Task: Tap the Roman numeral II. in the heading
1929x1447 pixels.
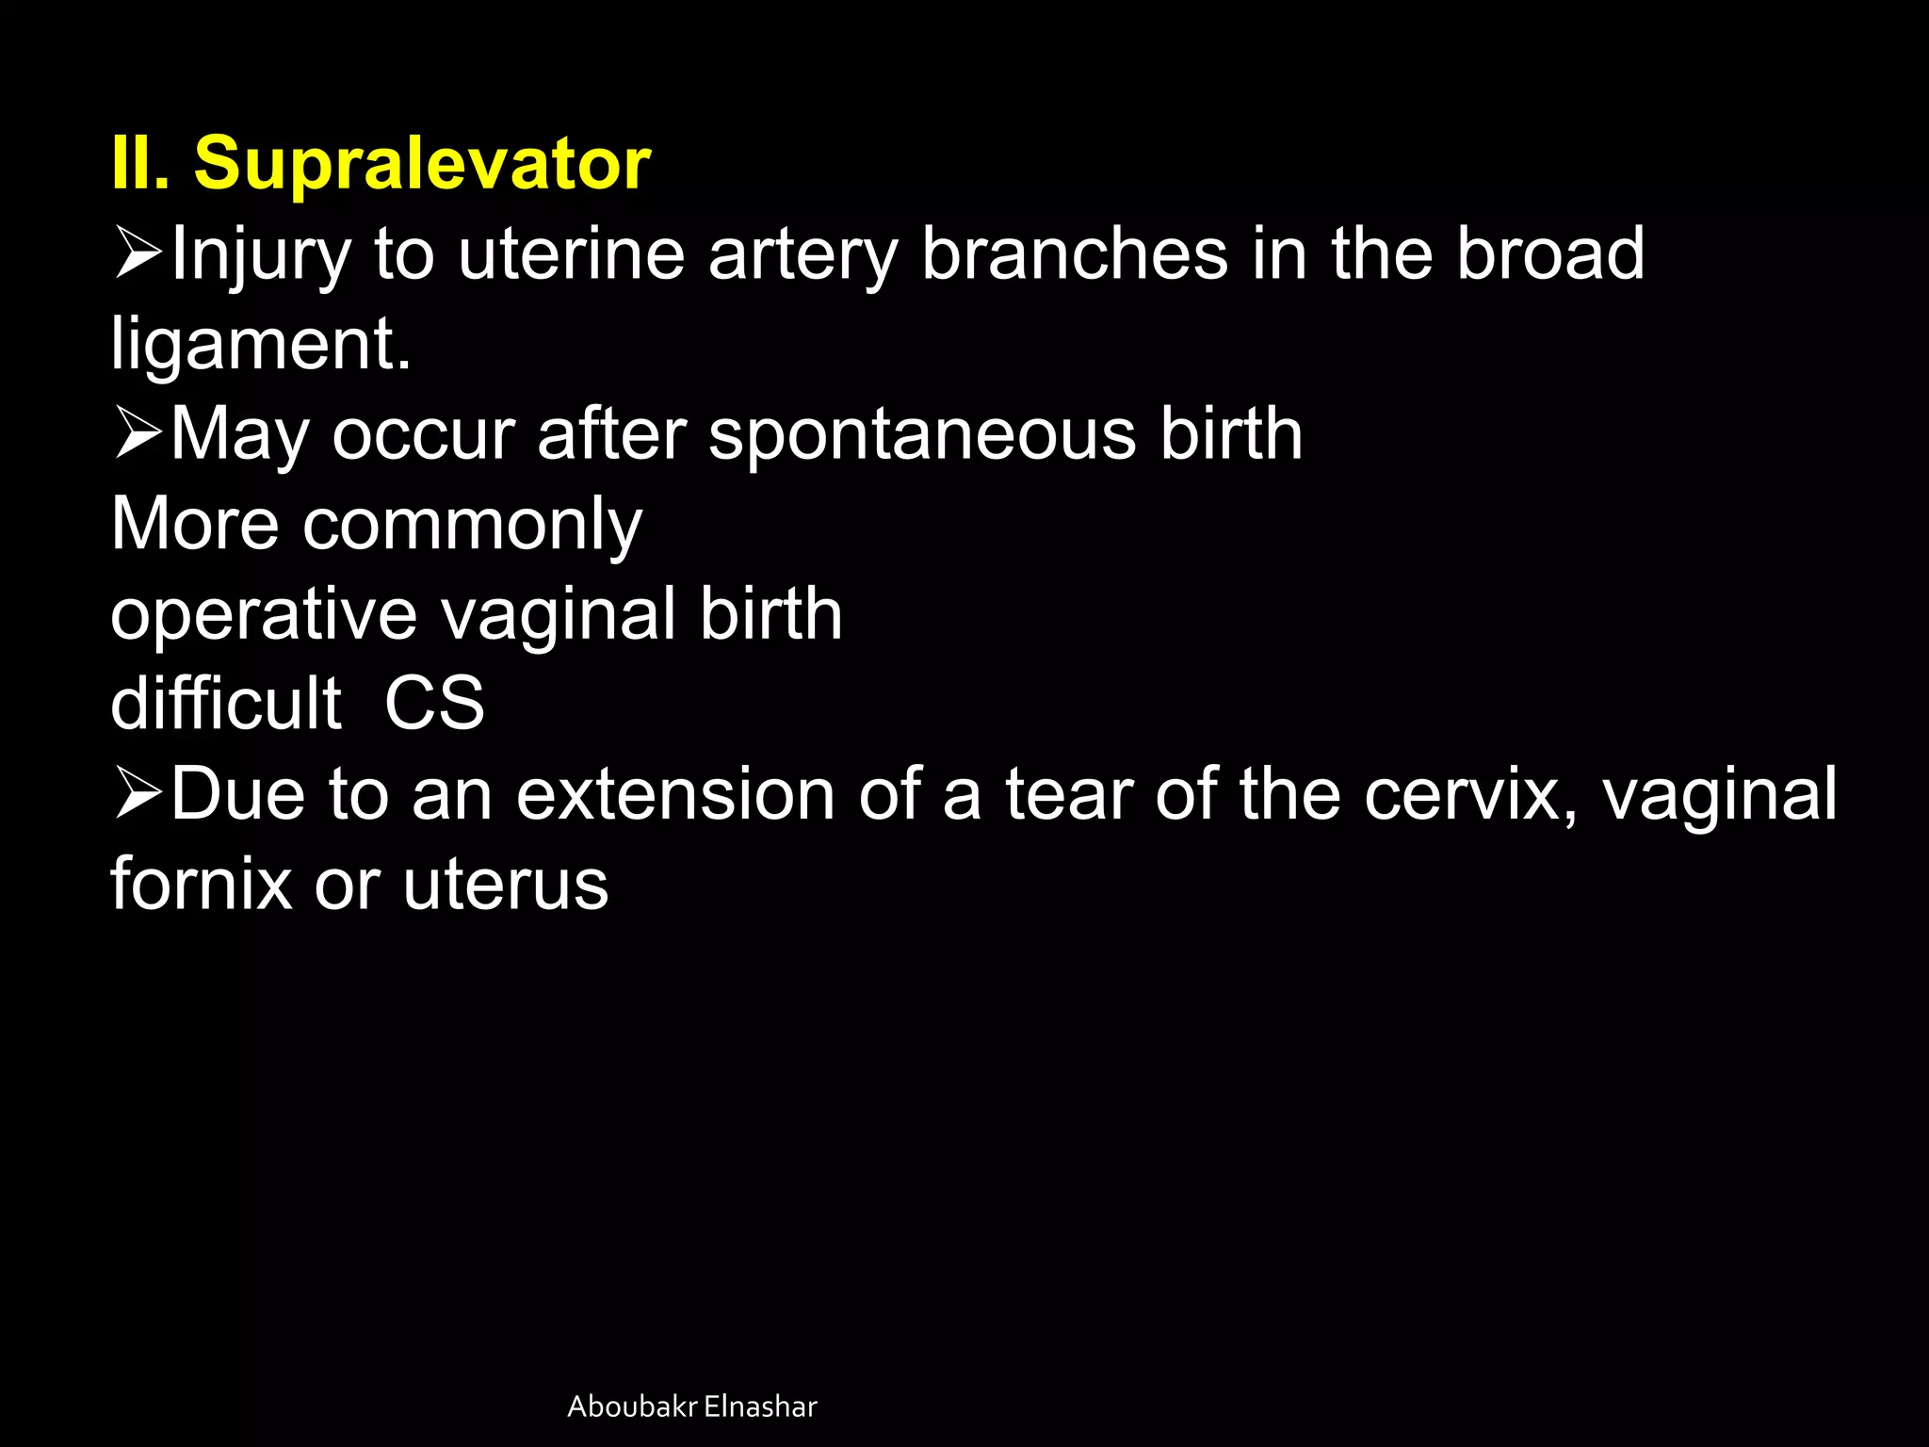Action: (140, 164)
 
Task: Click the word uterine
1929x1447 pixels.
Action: (571, 254)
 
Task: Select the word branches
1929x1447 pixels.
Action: (1074, 254)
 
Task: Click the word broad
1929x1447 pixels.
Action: (1550, 254)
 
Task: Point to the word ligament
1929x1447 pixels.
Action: (260, 345)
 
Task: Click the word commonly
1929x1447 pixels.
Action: (472, 526)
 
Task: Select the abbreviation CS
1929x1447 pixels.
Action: (434, 705)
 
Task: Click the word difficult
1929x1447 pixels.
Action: (226, 705)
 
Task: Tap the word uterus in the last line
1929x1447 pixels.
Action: (506, 886)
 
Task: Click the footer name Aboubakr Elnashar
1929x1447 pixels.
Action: (692, 1406)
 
